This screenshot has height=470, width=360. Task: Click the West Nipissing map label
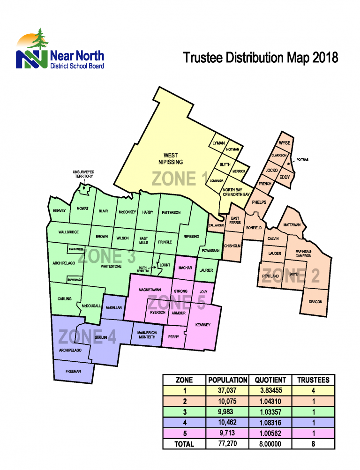coord(170,158)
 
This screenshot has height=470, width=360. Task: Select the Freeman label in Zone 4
coord(74,371)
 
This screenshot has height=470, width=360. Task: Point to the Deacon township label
coord(315,301)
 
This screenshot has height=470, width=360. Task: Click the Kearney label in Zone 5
coord(202,325)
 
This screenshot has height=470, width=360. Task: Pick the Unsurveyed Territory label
coord(83,174)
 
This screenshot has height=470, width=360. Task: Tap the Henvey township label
coord(60,211)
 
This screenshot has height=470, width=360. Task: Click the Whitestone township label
coord(112,266)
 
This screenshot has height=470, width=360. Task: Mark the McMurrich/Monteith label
coord(146,334)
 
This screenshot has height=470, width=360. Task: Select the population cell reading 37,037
coord(227,391)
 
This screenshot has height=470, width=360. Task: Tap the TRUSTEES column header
coord(313,380)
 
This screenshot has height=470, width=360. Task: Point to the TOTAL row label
coord(184,443)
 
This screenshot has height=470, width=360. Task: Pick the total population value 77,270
coord(227,443)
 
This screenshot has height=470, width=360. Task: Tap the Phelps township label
coord(259,202)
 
